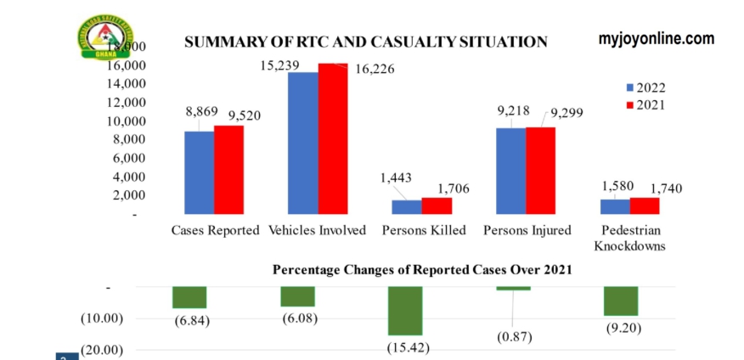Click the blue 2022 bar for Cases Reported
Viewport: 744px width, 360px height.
[x=199, y=172]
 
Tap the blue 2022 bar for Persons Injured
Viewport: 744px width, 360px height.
[x=510, y=171]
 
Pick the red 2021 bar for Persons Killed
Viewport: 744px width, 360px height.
[x=437, y=205]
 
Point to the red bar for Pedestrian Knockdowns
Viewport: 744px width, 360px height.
[x=645, y=205]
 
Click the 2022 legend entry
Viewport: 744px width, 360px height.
[x=645, y=87]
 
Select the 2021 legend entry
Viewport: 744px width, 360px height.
[x=645, y=105]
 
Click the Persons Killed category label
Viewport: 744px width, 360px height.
[x=421, y=230]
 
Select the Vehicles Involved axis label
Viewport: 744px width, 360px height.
[x=318, y=230]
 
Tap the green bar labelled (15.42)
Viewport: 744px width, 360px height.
[x=405, y=311]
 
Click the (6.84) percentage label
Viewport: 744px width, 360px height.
[x=190, y=320]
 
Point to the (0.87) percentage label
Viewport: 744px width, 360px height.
[x=516, y=337]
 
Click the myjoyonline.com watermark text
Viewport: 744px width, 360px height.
[x=656, y=38]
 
